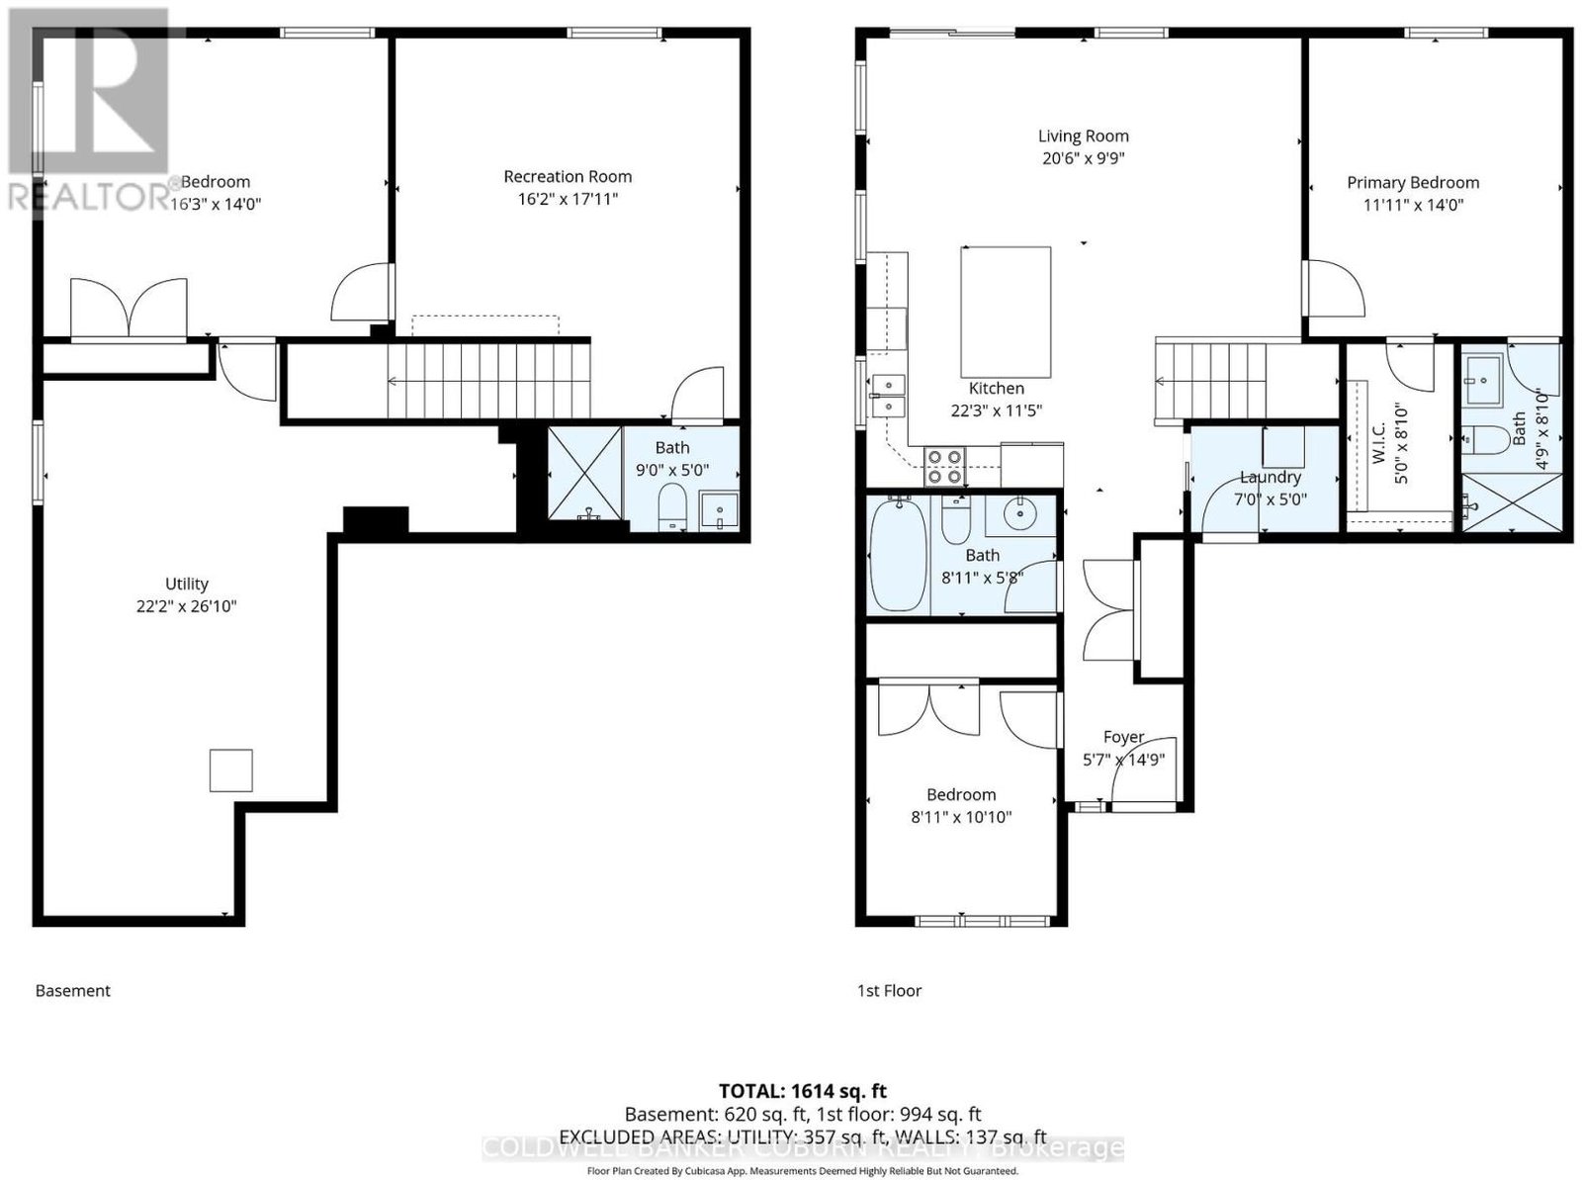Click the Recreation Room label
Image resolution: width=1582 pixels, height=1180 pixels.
click(568, 177)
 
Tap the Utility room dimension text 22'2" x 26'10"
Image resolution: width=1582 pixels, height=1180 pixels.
click(187, 606)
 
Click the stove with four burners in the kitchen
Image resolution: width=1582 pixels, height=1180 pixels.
click(945, 467)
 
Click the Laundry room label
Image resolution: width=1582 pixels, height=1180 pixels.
click(1270, 477)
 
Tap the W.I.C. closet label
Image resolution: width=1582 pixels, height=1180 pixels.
click(1378, 444)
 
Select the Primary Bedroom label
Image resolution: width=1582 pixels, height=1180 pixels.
click(1413, 183)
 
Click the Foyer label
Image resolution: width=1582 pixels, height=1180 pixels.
click(1123, 737)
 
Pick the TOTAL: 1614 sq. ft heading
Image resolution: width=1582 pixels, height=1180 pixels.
click(803, 1091)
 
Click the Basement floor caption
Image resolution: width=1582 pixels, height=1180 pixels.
click(73, 990)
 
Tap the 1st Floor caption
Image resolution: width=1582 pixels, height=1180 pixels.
click(889, 990)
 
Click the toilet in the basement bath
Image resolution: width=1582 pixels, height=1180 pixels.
click(672, 506)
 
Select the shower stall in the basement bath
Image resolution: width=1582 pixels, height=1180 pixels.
click(584, 473)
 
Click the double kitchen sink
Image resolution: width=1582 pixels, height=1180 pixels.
click(887, 396)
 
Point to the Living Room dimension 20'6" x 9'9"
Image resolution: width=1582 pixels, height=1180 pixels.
click(1084, 158)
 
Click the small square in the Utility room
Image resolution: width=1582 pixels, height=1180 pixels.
click(230, 771)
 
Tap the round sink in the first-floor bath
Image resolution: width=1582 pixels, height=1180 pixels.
click(1019, 512)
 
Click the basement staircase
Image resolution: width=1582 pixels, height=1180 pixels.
click(488, 381)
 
